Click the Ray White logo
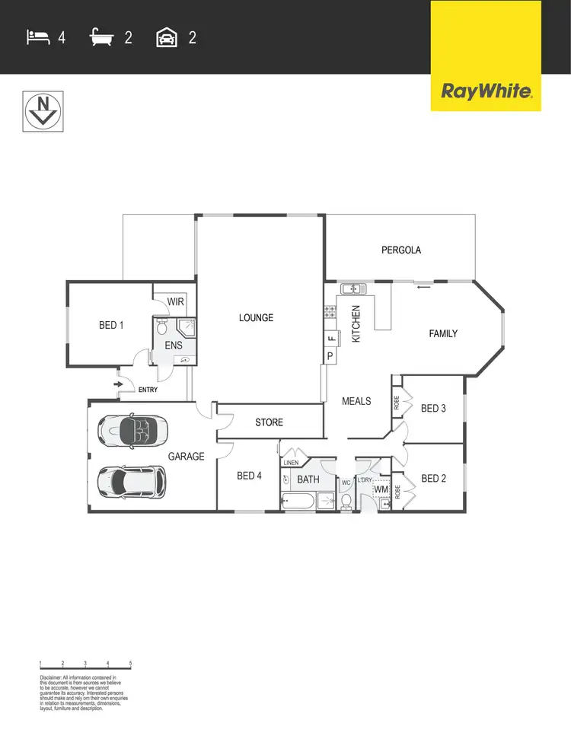pyautogui.click(x=486, y=92)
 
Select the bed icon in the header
pyautogui.click(x=37, y=37)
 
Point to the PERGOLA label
pyautogui.click(x=401, y=250)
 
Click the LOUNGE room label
pyautogui.click(x=256, y=317)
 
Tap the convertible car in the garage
pyautogui.click(x=130, y=432)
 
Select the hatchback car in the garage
pyautogui.click(x=131, y=481)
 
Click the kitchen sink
pyautogui.click(x=353, y=288)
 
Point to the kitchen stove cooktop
pyautogui.click(x=330, y=311)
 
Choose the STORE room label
pyautogui.click(x=269, y=422)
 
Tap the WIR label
pyautogui.click(x=176, y=301)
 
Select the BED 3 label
pyautogui.click(x=433, y=409)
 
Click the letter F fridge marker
pyautogui.click(x=330, y=339)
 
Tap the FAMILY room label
pyautogui.click(x=443, y=333)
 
